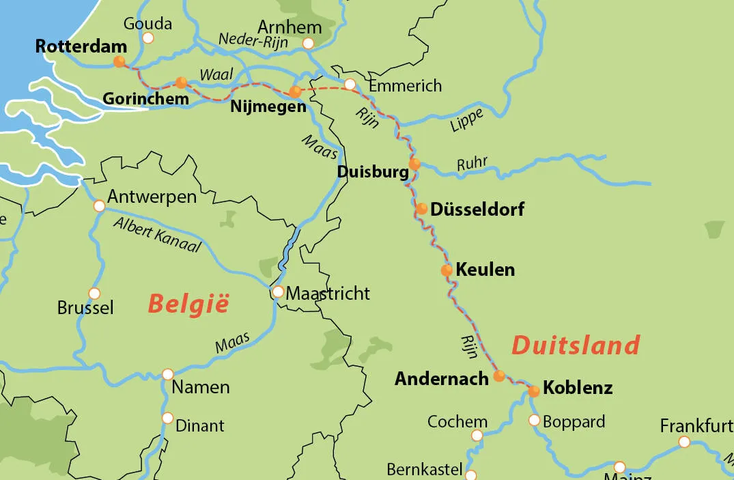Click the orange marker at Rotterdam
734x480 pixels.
coord(119,61)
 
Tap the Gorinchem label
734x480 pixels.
coord(145,99)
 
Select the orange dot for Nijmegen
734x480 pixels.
coord(295,91)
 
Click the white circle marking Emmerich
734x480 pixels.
coord(350,85)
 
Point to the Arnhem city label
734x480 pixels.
coord(290,28)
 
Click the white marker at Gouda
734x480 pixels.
coord(148,38)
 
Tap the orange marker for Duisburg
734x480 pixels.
coord(414,164)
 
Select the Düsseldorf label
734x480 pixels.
coord(477,209)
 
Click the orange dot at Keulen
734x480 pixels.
coord(447,270)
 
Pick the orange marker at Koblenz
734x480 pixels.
coord(534,391)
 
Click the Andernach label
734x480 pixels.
coord(441,378)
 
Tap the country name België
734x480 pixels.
coord(188,304)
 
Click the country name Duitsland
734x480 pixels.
coord(576,345)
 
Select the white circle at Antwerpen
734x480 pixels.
coord(99,206)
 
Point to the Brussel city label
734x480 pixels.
coord(85,308)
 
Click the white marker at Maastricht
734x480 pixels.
coord(278,292)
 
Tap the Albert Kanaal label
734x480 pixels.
coord(158,234)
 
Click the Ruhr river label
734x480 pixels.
coord(472,164)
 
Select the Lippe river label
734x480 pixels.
coord(466,121)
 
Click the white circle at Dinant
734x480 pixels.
coord(167,418)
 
